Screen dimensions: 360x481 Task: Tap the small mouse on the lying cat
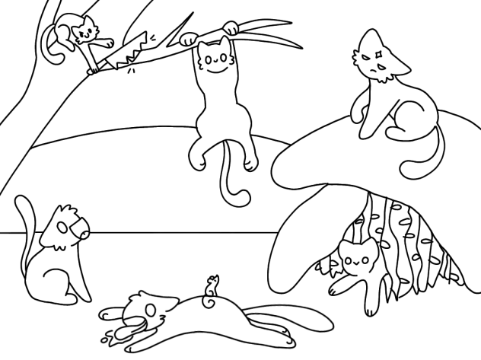(x=213, y=285)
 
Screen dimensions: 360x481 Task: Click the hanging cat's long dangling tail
(x=229, y=179)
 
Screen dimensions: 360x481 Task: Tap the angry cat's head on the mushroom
(x=375, y=60)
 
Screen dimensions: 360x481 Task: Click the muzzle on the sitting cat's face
(x=77, y=226)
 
